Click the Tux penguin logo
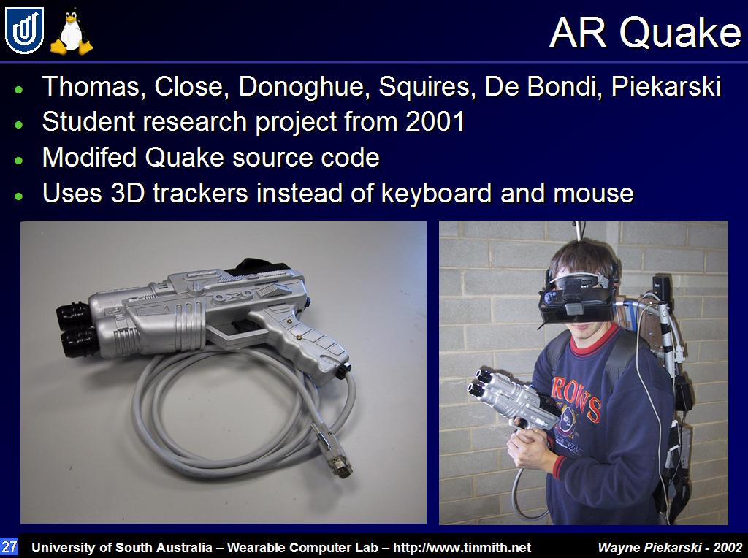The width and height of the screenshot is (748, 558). pyautogui.click(x=72, y=32)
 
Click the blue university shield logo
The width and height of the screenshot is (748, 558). pyautogui.click(x=24, y=30)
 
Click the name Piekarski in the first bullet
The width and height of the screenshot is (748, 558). pyautogui.click(x=666, y=86)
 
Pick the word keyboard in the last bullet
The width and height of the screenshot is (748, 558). pyautogui.click(x=437, y=193)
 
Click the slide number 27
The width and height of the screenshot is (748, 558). pyautogui.click(x=9, y=546)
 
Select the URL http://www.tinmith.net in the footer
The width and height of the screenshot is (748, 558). pyautogui.click(x=462, y=548)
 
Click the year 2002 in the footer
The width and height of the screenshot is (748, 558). pyautogui.click(x=728, y=548)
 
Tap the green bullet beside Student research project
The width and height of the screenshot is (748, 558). pyautogui.click(x=18, y=124)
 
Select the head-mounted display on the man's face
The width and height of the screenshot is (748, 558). pyautogui.click(x=577, y=297)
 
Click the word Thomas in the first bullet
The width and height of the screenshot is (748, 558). pyautogui.click(x=91, y=87)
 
